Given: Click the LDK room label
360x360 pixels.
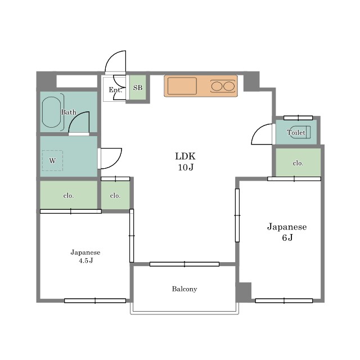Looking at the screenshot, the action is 185,161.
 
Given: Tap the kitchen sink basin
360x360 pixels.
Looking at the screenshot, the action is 182,86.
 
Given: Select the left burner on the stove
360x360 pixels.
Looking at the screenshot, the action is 216,86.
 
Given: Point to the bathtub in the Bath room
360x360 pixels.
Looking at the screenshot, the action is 52,112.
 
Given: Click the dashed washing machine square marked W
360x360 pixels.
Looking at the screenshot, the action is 52,160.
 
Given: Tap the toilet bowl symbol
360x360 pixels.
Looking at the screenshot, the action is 300,132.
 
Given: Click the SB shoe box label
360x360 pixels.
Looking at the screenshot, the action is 138,88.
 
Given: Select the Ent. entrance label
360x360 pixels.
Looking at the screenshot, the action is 115,90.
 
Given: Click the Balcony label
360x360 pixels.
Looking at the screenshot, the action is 184,289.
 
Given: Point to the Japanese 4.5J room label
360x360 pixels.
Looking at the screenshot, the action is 85,256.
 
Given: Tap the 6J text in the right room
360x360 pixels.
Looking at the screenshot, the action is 287,237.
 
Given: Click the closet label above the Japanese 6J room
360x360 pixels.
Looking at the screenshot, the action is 298,163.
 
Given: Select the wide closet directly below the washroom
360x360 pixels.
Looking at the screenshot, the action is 69,195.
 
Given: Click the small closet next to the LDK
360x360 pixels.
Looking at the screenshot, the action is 115,195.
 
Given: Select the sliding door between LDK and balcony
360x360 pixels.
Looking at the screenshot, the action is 184,264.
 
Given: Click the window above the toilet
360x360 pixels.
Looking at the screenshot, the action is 298,118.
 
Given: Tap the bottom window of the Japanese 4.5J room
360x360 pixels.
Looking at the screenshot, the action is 95,300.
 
